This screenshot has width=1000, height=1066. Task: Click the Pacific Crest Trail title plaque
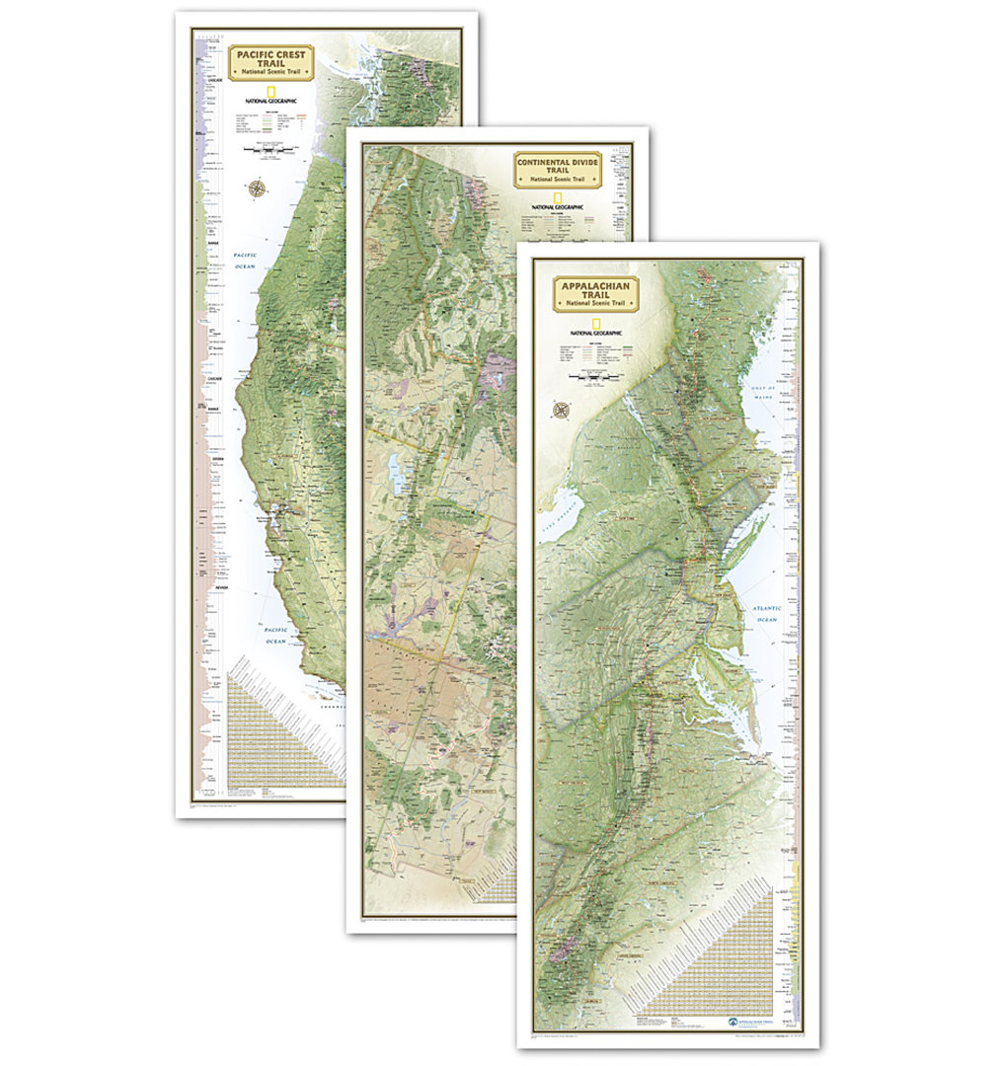tap(271, 61)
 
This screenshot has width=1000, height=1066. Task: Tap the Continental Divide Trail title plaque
tap(558, 169)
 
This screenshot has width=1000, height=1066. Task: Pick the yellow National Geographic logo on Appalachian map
tap(595, 325)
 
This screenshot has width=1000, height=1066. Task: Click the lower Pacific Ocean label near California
tap(274, 634)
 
